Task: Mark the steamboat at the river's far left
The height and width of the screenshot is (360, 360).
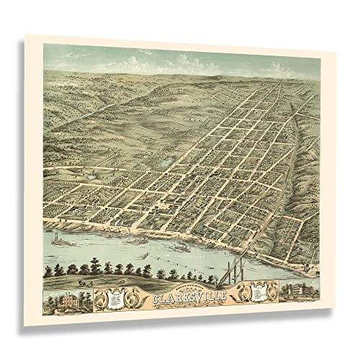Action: (58, 239)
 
